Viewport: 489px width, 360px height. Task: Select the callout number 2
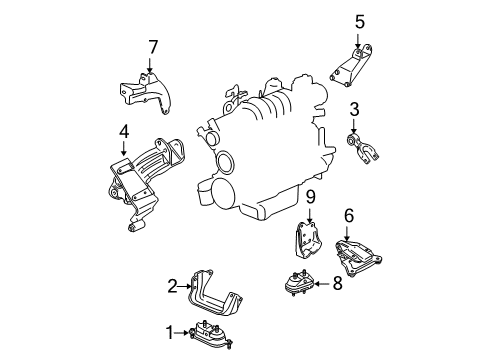coord(172,286)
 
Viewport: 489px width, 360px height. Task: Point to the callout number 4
coord(124,130)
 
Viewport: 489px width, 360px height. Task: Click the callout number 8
coord(336,283)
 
